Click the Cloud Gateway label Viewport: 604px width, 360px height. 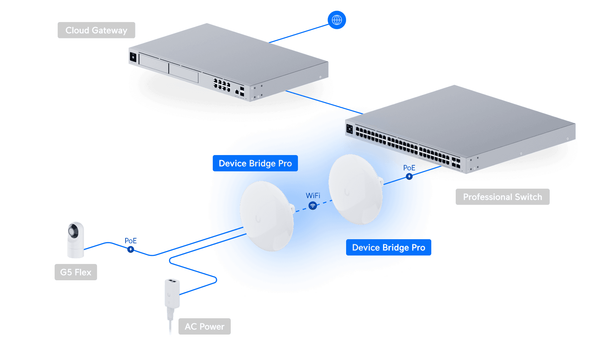click(x=96, y=30)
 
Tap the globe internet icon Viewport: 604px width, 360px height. click(x=337, y=20)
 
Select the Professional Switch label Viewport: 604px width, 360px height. click(x=502, y=197)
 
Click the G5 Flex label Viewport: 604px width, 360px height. click(x=76, y=272)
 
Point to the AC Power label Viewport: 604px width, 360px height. click(x=204, y=326)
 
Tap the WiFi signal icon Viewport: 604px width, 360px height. click(x=313, y=206)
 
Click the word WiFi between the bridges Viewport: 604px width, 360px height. click(x=313, y=196)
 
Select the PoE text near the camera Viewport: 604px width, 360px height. click(x=131, y=241)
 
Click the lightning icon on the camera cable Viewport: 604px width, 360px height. click(x=131, y=249)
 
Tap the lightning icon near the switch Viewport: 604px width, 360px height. click(x=409, y=176)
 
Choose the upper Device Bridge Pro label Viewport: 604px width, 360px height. click(x=255, y=164)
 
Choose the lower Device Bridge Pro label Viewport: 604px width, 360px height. click(x=389, y=248)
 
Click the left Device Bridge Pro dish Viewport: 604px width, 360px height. click(x=266, y=216)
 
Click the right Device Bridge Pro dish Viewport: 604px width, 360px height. click(x=355, y=189)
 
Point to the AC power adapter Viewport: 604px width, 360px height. click(x=172, y=294)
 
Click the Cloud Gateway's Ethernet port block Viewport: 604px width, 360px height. click(x=222, y=85)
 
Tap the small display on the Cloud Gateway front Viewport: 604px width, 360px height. click(x=133, y=57)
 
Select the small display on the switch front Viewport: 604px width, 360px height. click(x=349, y=129)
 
